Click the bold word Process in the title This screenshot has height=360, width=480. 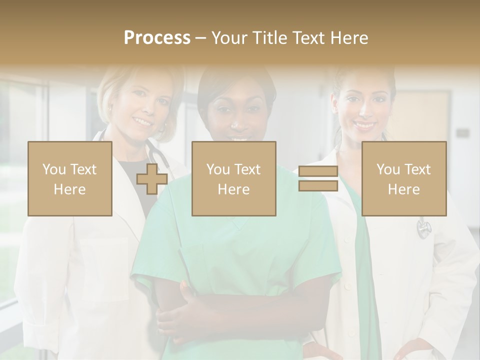157,38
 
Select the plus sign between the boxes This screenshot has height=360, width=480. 152,179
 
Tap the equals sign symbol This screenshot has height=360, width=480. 318,178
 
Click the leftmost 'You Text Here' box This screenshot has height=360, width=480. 69,179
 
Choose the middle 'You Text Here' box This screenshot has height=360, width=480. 233,179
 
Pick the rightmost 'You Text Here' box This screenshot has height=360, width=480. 403,179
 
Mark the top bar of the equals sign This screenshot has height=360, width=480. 318,172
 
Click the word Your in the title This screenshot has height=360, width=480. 229,38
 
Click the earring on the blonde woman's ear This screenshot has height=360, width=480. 109,109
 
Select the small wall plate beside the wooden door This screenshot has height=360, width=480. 462,133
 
